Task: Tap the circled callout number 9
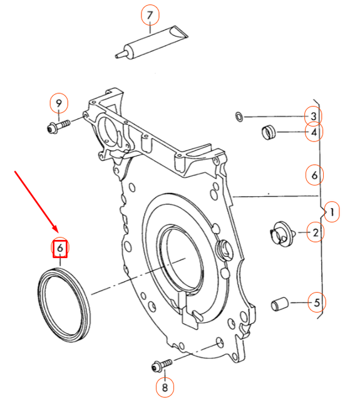[x=59, y=103]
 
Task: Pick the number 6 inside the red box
[x=59, y=249]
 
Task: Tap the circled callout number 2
[x=316, y=233]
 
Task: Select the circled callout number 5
[x=316, y=303]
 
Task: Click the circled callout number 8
[x=165, y=388]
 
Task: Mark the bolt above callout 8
[x=161, y=364]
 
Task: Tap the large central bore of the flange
[x=182, y=257]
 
